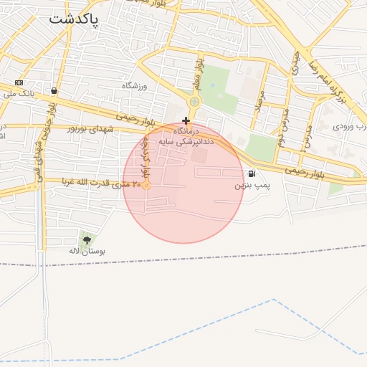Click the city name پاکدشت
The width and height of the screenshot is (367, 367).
[75, 19]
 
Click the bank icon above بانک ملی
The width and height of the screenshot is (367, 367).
[19, 82]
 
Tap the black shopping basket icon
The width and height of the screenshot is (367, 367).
[54, 91]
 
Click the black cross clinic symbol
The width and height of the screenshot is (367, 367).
[186, 120]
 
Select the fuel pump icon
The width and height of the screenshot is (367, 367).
[251, 173]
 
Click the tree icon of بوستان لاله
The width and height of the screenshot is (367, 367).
[87, 240]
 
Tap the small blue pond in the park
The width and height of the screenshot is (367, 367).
[212, 87]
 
